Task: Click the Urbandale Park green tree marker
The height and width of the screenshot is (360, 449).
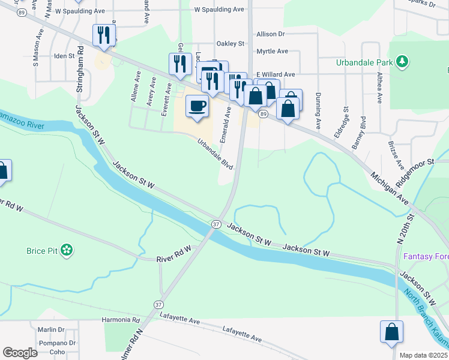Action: click(402, 61)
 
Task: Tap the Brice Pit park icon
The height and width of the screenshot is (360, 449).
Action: click(67, 250)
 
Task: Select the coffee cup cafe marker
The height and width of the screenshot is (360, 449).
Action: click(197, 107)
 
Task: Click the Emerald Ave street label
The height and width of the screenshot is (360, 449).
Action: click(226, 124)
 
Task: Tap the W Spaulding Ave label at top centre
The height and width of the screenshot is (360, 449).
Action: click(220, 10)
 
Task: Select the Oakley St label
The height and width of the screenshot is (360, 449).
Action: click(231, 44)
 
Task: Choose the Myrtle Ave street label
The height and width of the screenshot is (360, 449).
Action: click(272, 52)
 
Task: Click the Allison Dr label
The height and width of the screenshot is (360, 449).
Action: click(273, 35)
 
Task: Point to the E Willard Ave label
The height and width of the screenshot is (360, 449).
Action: click(276, 74)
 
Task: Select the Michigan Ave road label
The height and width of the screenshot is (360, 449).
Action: click(390, 187)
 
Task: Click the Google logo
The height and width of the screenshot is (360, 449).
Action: click(20, 353)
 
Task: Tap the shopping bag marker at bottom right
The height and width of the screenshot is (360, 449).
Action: click(391, 332)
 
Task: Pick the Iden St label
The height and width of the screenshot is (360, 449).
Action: click(64, 56)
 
